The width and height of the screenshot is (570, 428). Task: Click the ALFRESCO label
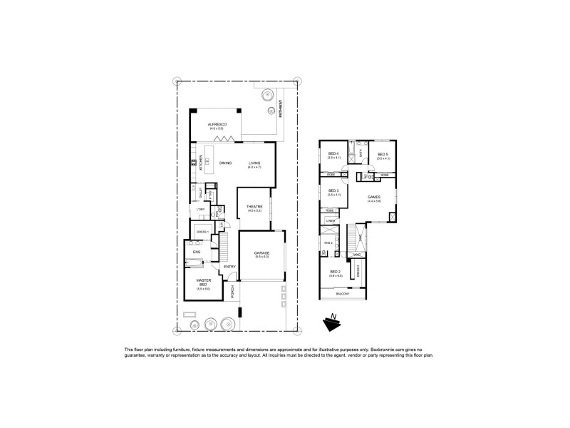click(217, 124)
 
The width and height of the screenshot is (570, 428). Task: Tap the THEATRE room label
click(255, 207)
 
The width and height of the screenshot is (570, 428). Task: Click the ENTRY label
click(229, 267)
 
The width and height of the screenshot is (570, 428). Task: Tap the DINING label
click(225, 163)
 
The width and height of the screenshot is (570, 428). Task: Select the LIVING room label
click(255, 163)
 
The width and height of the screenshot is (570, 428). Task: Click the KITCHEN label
click(202, 163)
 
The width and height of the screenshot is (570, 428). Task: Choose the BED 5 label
click(383, 154)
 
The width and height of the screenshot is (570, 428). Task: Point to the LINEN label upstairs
click(331, 221)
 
